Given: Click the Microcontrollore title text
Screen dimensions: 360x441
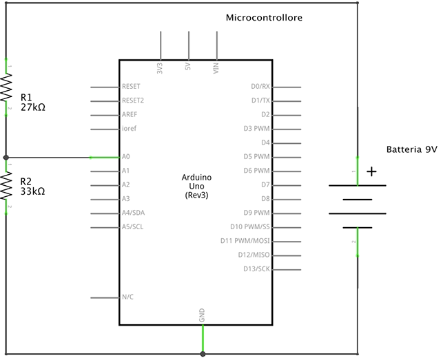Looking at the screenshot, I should [x=264, y=17].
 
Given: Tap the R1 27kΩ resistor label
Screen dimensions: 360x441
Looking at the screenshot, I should [x=32, y=102].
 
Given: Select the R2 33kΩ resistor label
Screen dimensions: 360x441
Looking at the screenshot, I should [x=32, y=186].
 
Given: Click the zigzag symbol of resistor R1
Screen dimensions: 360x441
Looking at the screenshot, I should [x=6, y=89].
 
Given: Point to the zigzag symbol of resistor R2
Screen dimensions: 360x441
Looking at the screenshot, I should [x=6, y=186].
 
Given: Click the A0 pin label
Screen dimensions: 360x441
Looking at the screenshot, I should [x=125, y=157].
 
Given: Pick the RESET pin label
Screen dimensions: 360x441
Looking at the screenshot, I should [x=131, y=87].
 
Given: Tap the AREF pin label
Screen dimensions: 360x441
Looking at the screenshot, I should [x=129, y=115].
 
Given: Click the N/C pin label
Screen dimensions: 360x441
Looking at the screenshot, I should [x=127, y=297].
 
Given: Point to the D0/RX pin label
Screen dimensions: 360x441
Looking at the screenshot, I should [x=261, y=87].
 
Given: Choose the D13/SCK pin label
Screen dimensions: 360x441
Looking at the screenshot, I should [x=256, y=268].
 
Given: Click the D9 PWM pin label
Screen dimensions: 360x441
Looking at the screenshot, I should [x=257, y=213].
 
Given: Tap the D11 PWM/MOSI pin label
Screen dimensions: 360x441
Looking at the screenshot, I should [x=245, y=241].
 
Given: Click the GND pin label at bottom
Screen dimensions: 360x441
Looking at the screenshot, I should [x=202, y=316].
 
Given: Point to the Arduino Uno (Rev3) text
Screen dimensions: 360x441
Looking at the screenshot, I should [x=196, y=187].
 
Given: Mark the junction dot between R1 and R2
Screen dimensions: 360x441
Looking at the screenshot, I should [x=6, y=158].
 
